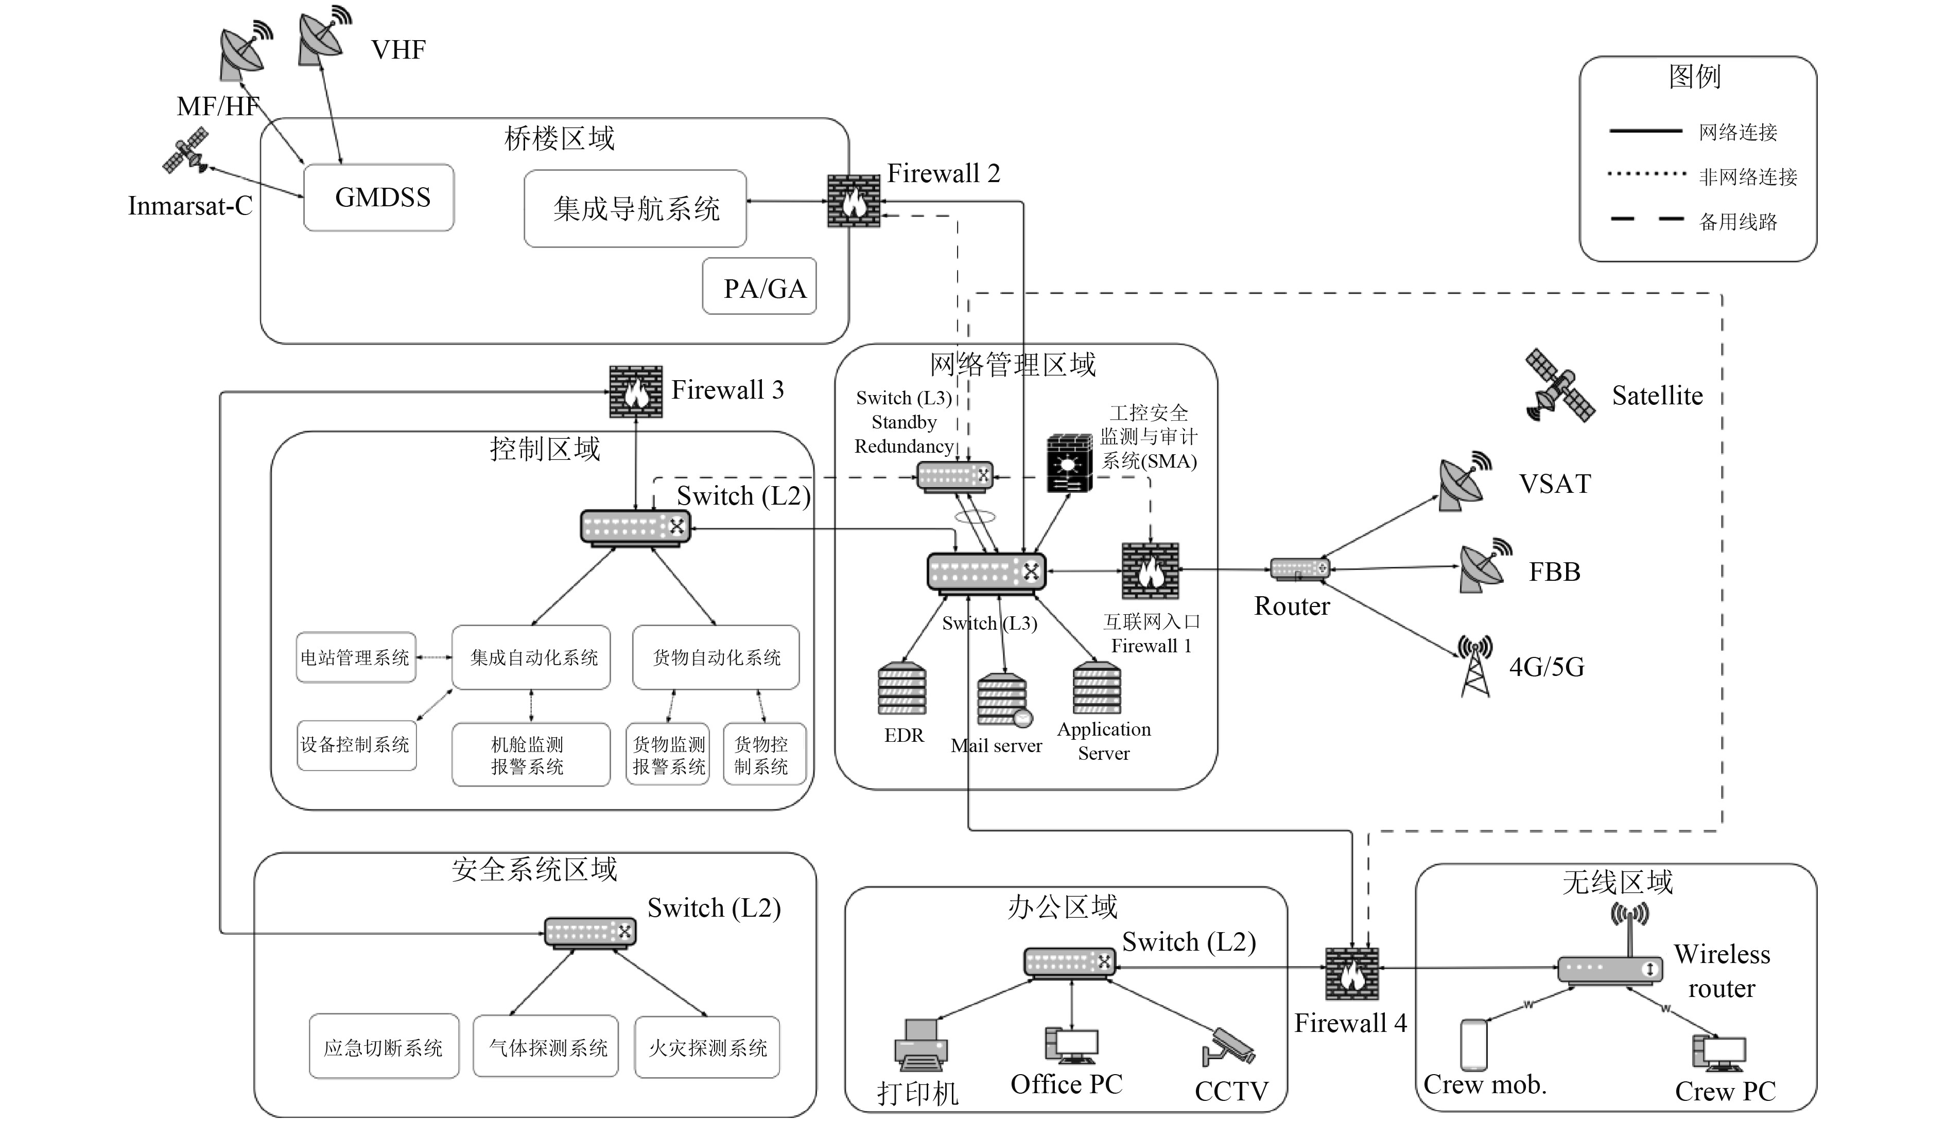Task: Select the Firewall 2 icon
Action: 854,201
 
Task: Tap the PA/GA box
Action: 759,287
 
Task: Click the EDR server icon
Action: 901,689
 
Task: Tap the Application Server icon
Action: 1097,689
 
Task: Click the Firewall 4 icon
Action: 1352,973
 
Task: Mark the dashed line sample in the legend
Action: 1646,220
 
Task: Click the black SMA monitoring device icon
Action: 1069,464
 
